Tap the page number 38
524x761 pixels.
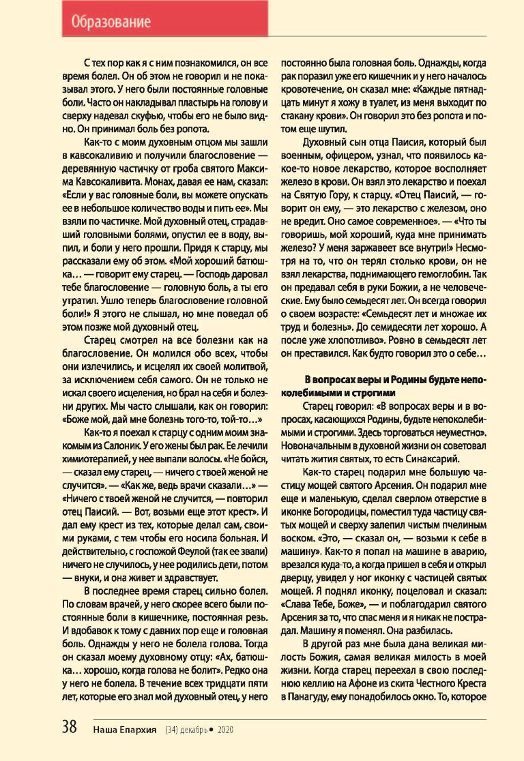click(x=70, y=727)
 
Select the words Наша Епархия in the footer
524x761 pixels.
click(x=125, y=729)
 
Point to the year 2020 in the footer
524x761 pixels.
click(x=226, y=729)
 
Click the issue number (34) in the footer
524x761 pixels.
click(x=172, y=729)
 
